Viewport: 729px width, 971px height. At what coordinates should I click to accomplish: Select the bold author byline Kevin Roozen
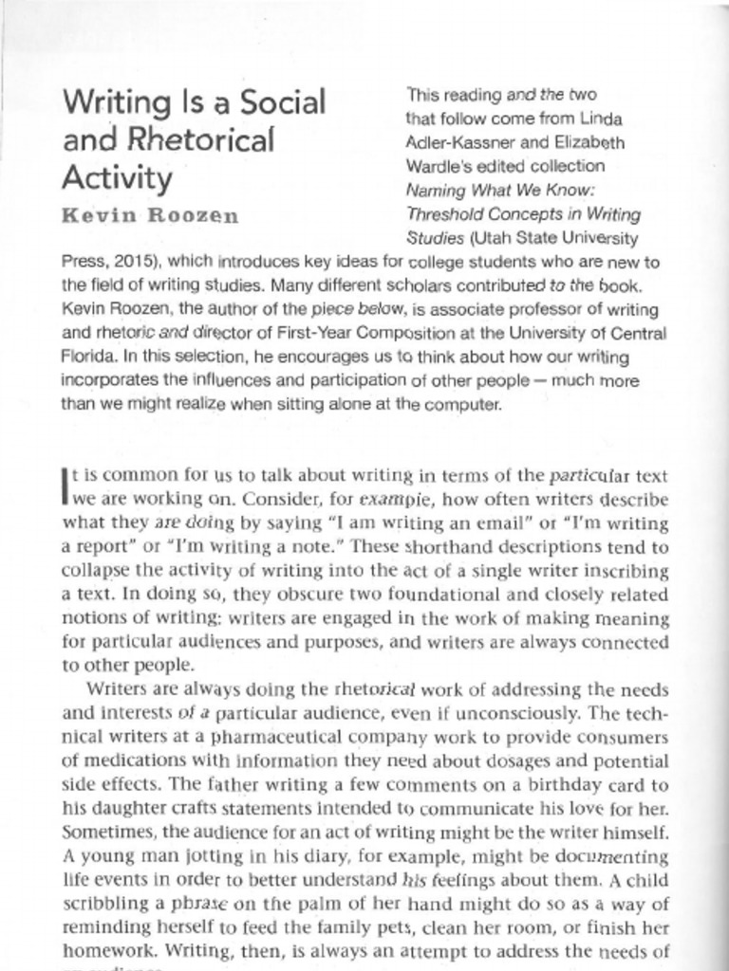pyautogui.click(x=150, y=215)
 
